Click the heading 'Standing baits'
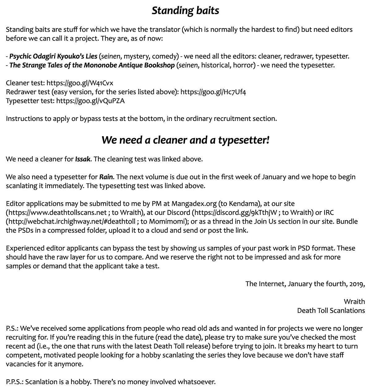(x=185, y=11)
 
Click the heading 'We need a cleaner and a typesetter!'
(x=185, y=140)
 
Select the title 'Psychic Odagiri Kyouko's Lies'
(x=53, y=56)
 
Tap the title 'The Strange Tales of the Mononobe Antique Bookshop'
(x=92, y=65)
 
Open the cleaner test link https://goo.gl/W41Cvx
(x=80, y=83)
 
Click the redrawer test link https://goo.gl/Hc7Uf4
(x=213, y=92)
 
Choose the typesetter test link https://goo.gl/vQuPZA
(x=90, y=101)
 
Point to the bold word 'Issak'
(x=83, y=159)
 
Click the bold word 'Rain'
(x=106, y=177)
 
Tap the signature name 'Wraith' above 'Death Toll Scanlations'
(x=354, y=302)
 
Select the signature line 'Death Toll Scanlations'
(x=331, y=311)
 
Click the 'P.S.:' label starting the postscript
(x=12, y=328)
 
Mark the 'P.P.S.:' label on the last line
(x=15, y=382)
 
